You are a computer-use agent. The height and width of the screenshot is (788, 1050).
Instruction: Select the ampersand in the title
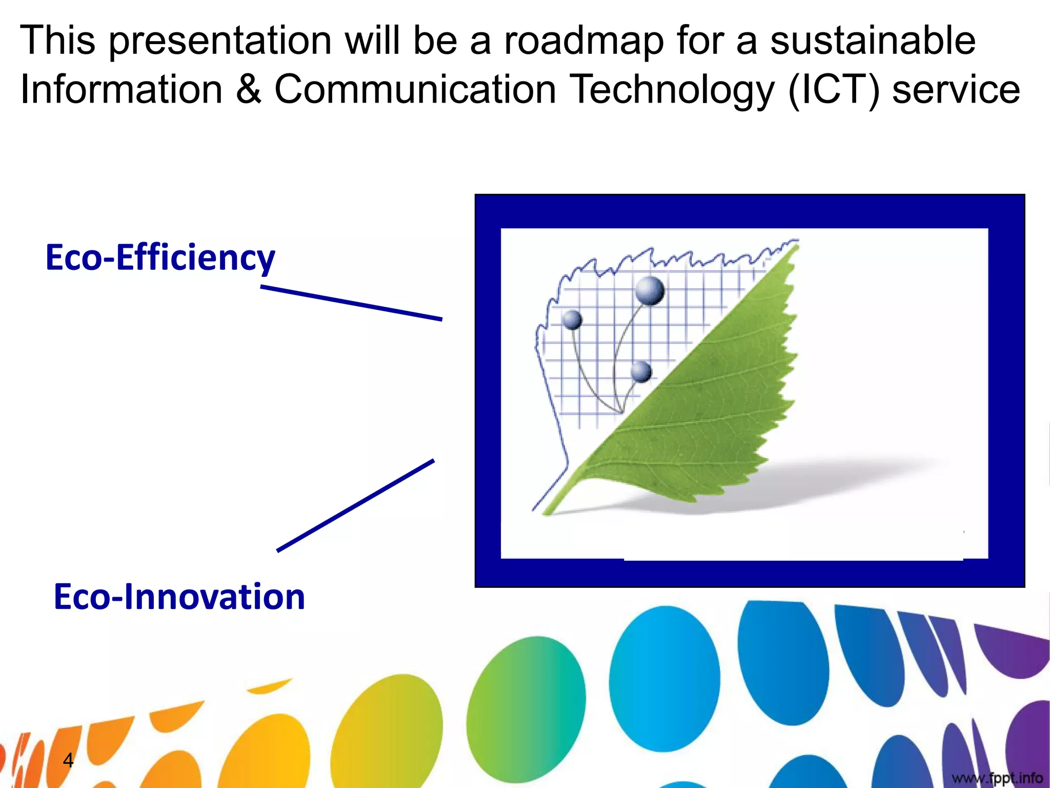click(x=249, y=89)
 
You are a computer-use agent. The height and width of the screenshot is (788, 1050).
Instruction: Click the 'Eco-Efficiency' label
click(x=160, y=258)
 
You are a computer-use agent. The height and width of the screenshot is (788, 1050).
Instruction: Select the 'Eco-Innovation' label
click(x=179, y=597)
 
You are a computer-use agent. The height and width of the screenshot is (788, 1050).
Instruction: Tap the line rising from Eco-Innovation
click(x=355, y=505)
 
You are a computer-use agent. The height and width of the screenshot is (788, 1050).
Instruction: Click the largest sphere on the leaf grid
click(x=650, y=290)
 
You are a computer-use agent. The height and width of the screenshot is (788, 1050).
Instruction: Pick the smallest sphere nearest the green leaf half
click(x=641, y=371)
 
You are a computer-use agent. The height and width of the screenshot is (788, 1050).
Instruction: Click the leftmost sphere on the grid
click(x=572, y=320)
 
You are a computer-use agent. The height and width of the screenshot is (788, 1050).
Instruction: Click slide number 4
click(x=68, y=760)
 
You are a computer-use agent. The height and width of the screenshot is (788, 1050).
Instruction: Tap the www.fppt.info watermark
click(x=997, y=778)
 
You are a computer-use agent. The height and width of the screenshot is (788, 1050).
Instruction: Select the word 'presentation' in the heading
click(x=220, y=41)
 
